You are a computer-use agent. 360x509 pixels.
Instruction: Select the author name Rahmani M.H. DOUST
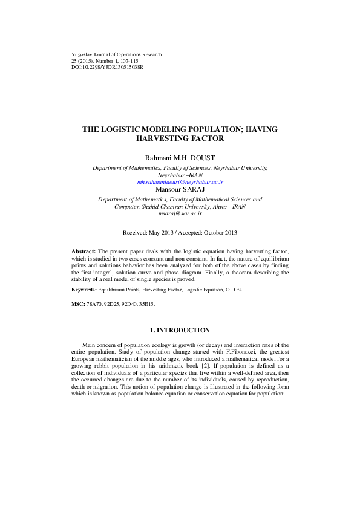tap(180, 158)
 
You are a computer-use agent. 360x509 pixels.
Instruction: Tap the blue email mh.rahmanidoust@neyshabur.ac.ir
tap(180, 181)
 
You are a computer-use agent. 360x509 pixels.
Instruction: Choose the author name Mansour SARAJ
tap(180, 189)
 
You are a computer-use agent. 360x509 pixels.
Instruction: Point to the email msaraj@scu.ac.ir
tap(180, 213)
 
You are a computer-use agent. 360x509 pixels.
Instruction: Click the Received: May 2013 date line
tap(180, 233)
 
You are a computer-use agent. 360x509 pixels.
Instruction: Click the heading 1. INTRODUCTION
tap(180, 330)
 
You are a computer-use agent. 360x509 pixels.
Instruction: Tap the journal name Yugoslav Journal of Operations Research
tap(117, 54)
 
